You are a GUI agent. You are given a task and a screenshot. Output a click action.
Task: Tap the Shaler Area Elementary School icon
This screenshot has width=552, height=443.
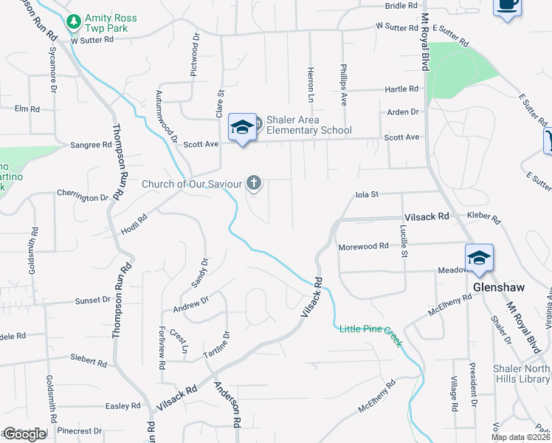point(242,128)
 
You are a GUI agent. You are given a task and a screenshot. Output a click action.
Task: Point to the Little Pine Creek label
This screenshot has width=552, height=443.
point(370,328)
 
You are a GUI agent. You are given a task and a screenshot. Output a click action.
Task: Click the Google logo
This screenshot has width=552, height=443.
point(24,434)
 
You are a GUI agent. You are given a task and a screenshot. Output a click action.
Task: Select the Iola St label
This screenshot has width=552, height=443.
point(367,195)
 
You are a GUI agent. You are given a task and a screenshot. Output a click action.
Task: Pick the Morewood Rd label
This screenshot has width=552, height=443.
point(363,246)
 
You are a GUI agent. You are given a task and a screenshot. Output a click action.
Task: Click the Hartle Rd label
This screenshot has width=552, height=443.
point(401,89)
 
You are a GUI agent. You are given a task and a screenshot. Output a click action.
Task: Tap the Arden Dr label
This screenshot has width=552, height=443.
point(404,112)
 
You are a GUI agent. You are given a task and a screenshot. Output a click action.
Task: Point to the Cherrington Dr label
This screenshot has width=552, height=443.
point(83,197)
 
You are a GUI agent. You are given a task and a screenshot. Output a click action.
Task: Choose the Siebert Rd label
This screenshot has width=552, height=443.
point(89,361)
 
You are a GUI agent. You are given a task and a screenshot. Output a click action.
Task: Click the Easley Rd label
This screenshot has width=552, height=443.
point(123,406)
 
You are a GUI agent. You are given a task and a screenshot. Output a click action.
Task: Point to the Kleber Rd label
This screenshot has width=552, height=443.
point(483,218)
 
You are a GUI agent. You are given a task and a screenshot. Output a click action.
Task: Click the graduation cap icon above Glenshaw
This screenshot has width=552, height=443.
point(479,258)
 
